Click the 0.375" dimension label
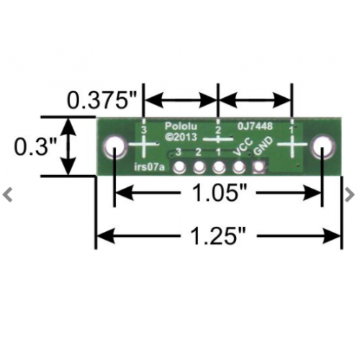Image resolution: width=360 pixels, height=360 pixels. pos(102,100)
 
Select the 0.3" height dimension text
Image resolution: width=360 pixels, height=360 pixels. pos(35,147)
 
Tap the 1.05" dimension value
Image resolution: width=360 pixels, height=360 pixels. pos(218,193)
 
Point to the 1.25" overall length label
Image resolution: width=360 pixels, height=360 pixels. pos(218,236)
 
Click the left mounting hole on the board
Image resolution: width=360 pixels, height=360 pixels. pos(114,147)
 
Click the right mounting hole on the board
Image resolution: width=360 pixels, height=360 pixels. pos(323,147)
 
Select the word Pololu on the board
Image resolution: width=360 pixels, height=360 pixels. pos(181,127)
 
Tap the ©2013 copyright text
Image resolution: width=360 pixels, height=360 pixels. pos(181,137)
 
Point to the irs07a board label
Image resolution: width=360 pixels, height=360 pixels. pos(149,167)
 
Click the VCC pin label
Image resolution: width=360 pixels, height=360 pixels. pos(243,147)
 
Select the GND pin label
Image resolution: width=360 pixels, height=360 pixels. pos(263,146)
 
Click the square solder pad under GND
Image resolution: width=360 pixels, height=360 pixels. pos(259,167)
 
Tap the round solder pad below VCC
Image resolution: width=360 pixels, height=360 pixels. pos(238,167)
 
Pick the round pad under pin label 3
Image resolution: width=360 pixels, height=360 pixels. pos(179,167)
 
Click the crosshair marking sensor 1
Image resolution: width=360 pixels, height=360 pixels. pos(292,144)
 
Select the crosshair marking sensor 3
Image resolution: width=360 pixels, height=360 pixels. pos(143,144)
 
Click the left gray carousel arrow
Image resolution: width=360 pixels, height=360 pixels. pos(8,195)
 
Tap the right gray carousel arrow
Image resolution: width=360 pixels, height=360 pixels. pos(349,195)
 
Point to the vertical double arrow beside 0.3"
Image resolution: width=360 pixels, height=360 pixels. pos(69,146)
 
